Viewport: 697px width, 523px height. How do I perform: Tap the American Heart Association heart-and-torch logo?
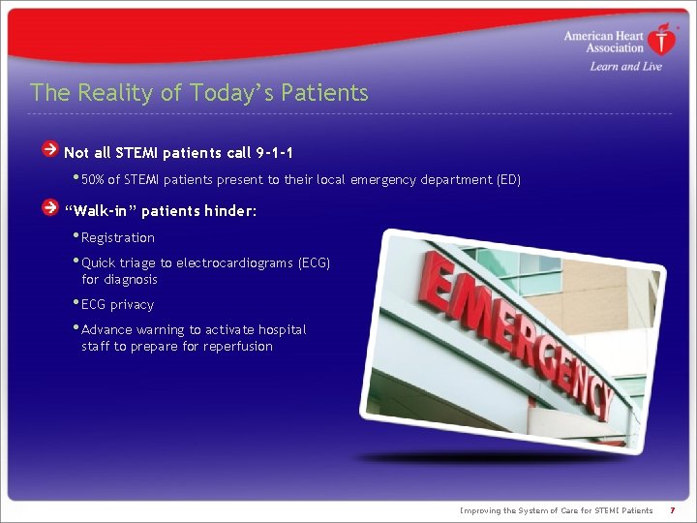(663, 40)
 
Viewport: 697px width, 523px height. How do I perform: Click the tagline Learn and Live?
(625, 66)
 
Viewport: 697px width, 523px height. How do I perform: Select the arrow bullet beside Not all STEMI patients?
(49, 150)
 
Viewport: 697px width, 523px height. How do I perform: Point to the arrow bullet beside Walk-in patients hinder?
(49, 208)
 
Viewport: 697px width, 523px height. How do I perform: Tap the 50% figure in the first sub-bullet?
(94, 180)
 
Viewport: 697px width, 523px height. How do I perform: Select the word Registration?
(118, 238)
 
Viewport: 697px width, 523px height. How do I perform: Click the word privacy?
(132, 305)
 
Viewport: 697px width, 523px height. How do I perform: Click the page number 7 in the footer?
(672, 510)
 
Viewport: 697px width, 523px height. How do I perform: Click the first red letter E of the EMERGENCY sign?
(436, 281)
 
